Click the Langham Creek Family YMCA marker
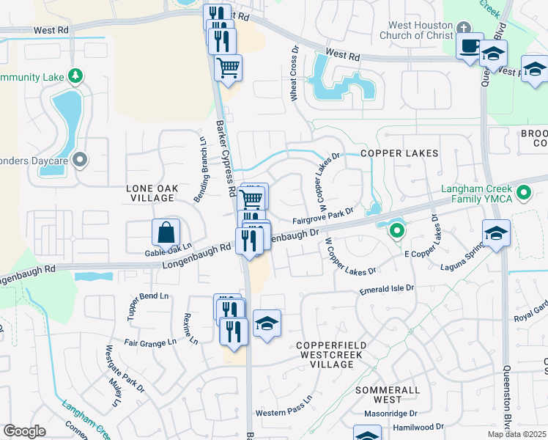pos(523,194)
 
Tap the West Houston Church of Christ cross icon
pos(462,28)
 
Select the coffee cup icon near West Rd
pos(470,45)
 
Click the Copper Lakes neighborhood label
pos(399,154)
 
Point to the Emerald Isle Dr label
pos(387,290)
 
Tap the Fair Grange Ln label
pos(150,342)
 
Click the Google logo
pos(24,431)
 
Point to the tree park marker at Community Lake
pos(75,76)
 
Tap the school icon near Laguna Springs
pos(496,233)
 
